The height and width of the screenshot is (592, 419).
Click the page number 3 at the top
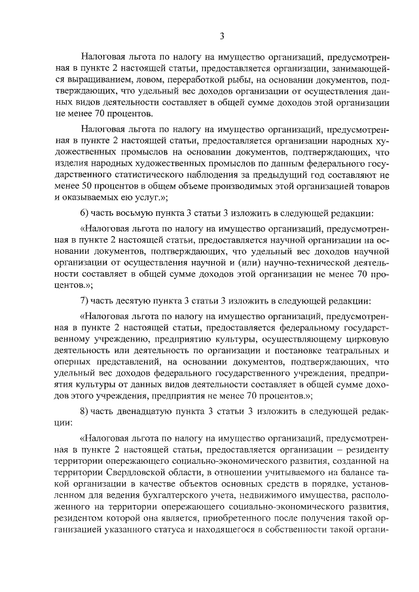click(x=223, y=35)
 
